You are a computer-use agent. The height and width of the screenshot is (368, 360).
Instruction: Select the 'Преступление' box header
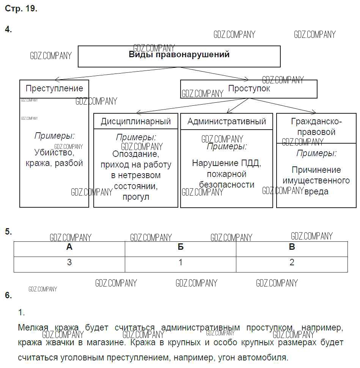54,89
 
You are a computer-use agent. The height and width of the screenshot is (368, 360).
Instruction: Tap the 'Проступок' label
249,89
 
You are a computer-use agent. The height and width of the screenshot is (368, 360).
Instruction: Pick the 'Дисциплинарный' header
136,121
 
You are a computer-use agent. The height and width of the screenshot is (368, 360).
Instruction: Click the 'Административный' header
226,121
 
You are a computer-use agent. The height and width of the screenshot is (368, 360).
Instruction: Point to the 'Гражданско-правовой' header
316,127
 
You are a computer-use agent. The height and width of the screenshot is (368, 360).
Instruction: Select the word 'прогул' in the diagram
136,197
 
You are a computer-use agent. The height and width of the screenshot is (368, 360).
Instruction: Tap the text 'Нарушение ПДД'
226,163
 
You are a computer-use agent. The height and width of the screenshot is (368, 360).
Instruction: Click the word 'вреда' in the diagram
316,191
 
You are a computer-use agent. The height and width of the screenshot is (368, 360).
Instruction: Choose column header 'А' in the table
69,247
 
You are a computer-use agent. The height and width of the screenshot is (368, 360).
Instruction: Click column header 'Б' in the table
181,247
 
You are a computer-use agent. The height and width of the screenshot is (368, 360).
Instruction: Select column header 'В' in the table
292,247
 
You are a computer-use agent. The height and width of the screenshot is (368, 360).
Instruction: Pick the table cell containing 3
69,263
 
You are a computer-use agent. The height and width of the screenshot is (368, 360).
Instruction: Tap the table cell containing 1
181,263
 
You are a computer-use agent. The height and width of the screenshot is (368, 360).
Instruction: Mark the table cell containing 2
292,263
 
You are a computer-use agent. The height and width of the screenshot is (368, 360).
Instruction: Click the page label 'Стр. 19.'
21,9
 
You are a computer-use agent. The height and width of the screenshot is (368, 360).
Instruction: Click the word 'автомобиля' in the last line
264,357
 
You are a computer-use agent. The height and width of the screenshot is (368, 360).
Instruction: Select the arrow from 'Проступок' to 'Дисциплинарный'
192,105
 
